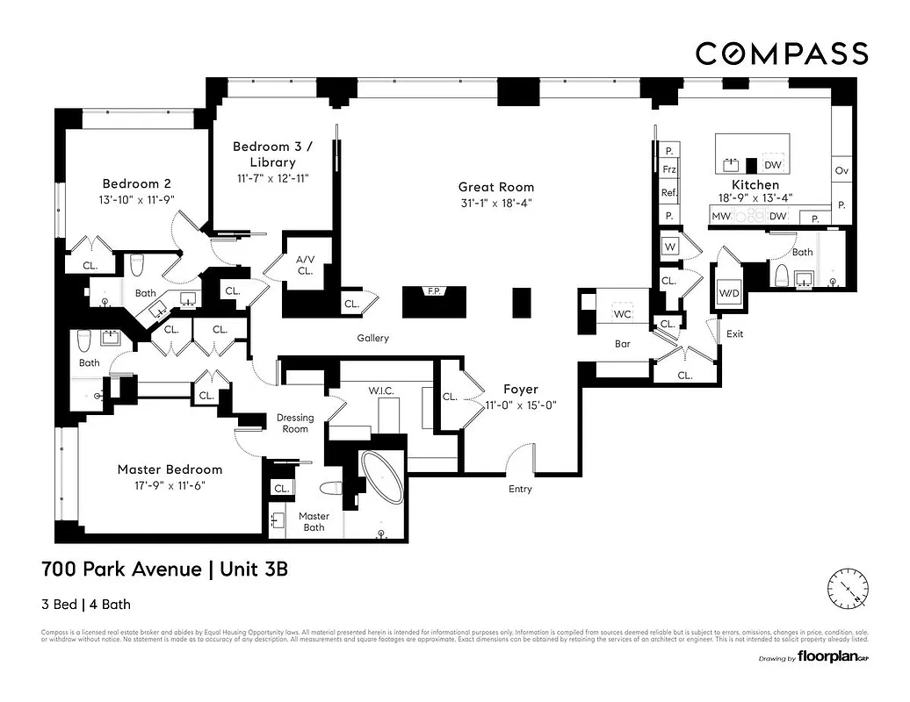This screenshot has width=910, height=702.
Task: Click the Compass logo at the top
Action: click(782, 54)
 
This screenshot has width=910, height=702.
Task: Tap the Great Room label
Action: click(495, 187)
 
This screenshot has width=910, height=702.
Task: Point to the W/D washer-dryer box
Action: click(729, 292)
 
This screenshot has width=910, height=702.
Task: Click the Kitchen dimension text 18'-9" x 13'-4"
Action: click(755, 199)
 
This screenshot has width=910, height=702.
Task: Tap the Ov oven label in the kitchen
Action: click(841, 169)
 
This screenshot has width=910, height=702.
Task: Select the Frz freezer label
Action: click(669, 169)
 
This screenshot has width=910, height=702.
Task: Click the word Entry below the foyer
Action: click(520, 489)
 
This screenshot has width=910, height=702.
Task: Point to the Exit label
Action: click(735, 333)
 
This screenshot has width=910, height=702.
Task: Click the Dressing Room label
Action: click(295, 423)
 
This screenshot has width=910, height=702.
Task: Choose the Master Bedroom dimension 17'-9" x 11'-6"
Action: click(170, 484)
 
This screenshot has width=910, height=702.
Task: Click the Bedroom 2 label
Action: click(136, 183)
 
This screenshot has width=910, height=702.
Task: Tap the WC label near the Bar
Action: click(623, 313)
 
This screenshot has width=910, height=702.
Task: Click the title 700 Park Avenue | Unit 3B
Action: click(165, 569)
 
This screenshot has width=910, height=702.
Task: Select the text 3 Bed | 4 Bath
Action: click(86, 604)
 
